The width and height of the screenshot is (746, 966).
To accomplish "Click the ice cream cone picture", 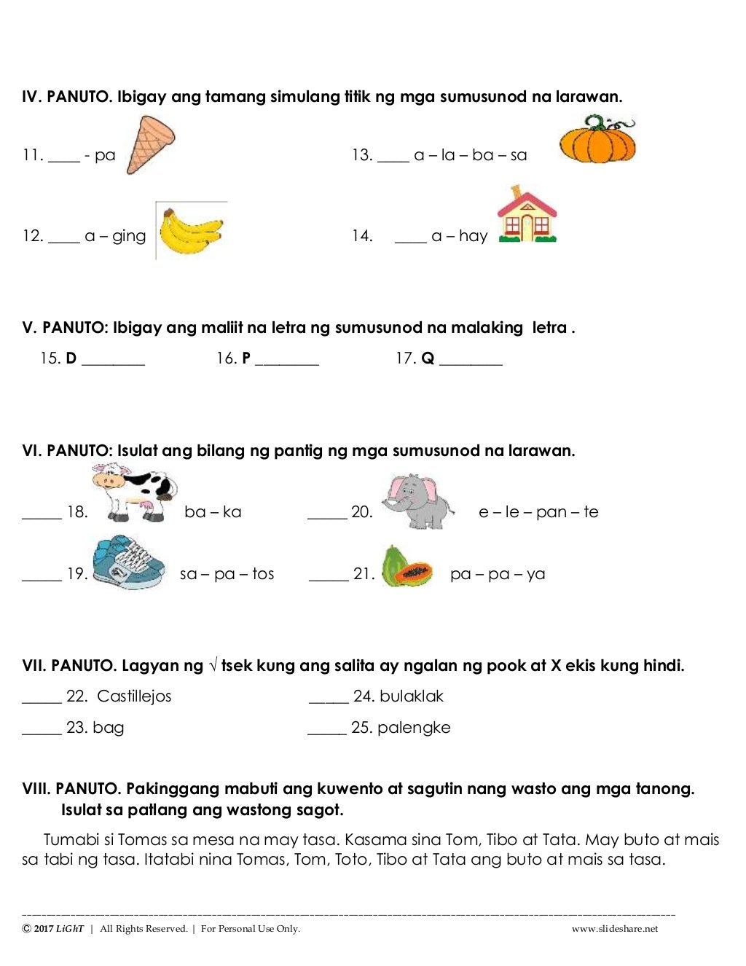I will click(151, 146).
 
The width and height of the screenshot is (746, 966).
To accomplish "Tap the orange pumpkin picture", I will click(597, 139).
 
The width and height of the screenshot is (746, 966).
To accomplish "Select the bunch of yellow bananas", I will click(190, 232).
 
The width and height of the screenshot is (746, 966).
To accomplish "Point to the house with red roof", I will click(527, 216).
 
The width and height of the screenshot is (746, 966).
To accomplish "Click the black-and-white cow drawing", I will click(135, 493).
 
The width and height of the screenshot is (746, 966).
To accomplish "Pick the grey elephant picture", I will click(417, 502).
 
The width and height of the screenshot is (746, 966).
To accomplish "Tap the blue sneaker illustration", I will click(129, 562).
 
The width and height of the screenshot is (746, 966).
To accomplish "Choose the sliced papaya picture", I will click(406, 568).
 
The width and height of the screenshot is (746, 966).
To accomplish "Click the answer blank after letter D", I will click(113, 360).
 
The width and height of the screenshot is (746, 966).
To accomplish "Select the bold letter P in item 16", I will click(246, 358).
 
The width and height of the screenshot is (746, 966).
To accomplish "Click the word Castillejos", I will click(134, 696).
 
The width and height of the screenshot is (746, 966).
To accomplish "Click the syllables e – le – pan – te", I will click(538, 512).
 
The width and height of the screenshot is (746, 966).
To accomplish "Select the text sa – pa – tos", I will click(227, 574).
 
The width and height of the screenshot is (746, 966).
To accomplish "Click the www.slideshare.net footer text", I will click(615, 928).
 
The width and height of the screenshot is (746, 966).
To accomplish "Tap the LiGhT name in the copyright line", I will click(70, 928).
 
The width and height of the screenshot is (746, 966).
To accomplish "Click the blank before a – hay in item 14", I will click(410, 239).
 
